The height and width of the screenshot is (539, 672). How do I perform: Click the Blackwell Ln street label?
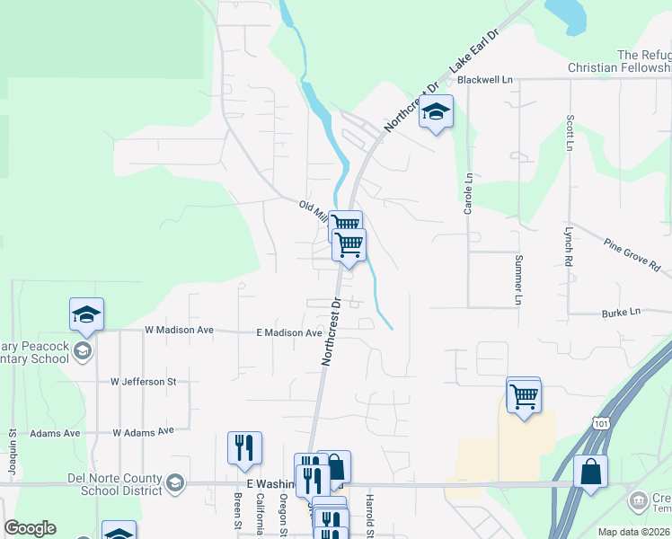click(484, 79)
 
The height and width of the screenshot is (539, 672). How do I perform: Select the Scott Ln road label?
click(570, 132)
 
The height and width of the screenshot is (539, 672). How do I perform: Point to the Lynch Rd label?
click(569, 244)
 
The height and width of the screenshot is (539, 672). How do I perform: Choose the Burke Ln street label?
click(622, 312)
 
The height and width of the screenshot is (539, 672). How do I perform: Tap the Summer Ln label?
click(517, 279)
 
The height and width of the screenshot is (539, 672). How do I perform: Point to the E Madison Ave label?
click(289, 332)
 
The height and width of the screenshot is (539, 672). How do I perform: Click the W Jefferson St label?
click(144, 382)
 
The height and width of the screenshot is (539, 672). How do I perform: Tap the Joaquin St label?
click(13, 448)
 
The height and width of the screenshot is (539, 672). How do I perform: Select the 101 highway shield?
click(601, 421)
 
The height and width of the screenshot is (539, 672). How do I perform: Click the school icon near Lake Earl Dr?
click(436, 111)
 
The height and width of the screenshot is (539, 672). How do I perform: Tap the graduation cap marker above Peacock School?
click(87, 314)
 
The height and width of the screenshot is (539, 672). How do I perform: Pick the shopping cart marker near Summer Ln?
click(524, 394)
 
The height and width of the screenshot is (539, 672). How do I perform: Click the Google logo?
click(30, 528)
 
